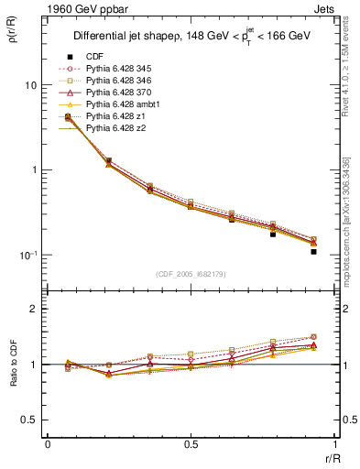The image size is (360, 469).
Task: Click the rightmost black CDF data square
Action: (x=313, y=251)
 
